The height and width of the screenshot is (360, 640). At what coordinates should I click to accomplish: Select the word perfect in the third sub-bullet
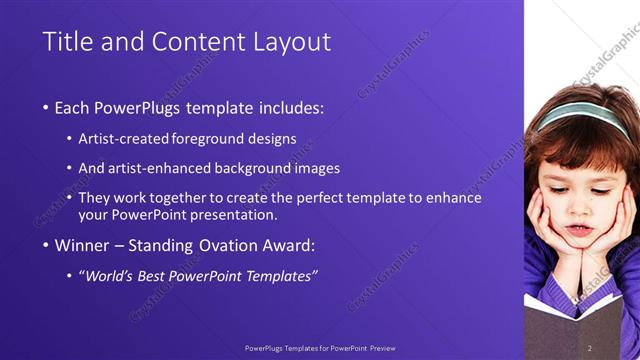click(x=320, y=198)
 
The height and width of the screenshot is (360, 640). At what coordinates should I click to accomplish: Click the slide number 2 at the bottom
click(x=590, y=347)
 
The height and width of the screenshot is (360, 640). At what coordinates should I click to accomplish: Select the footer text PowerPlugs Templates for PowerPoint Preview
click(x=319, y=348)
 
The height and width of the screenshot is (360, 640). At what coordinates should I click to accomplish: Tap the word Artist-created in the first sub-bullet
click(x=123, y=139)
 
